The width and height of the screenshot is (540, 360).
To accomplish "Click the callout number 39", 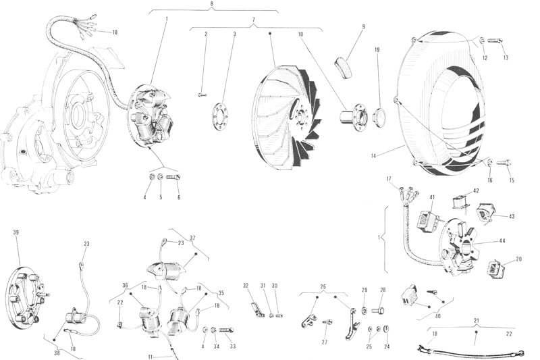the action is coord(16,232).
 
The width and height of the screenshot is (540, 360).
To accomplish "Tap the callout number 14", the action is coord(374,156).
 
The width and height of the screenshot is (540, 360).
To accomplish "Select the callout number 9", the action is coord(364,26).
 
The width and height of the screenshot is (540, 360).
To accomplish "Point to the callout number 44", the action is coord(502,241).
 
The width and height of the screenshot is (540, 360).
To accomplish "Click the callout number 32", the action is coord(246,286).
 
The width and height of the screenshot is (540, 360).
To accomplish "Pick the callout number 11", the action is coord(150,357).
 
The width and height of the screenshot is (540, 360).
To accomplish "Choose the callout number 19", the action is coord(377,50).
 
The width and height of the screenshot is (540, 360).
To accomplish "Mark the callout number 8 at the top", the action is coord(211,4).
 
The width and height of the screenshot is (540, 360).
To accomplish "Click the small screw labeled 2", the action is coord(202,94).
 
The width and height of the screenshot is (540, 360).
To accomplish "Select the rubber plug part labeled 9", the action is coord(344,68).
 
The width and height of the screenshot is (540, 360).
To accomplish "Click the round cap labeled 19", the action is coord(379,117).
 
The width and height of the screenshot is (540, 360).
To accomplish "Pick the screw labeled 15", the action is coord(504,162).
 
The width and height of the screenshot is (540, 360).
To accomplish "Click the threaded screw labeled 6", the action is coord(173,178).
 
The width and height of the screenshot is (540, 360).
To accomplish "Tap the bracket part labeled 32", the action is coord(257,310).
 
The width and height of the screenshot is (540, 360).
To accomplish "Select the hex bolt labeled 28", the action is coord(378,311).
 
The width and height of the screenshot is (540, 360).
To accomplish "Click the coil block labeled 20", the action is coord(496,269).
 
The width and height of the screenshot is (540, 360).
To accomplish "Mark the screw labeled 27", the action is coord(328,322).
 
